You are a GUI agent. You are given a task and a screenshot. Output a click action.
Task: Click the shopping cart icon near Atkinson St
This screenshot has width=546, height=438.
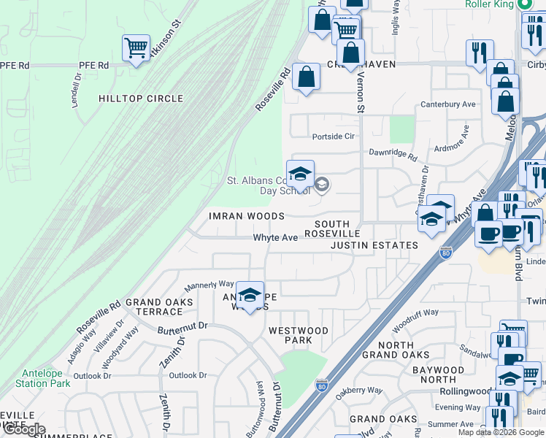pos(136,49)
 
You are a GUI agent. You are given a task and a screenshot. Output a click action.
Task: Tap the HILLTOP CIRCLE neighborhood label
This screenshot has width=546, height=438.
pos(141,99)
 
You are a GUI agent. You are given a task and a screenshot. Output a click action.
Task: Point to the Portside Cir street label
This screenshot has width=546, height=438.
pos(333,137)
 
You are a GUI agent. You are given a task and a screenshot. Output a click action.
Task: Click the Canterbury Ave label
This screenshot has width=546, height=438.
pos(447,104)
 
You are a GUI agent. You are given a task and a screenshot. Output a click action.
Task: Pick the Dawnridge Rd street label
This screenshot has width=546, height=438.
pos(393,156)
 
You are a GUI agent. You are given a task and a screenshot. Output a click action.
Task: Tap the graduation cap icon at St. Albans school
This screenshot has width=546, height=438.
pos(300,174)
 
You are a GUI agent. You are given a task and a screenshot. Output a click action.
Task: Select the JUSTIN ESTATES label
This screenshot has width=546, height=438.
pos(374,245)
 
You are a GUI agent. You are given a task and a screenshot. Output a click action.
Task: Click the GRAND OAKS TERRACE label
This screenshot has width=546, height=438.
pos(159,307)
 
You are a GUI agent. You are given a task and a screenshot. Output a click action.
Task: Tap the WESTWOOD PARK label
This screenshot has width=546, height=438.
pos(299,336)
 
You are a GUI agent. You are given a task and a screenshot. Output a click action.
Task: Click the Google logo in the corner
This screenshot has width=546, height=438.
pos(24,429)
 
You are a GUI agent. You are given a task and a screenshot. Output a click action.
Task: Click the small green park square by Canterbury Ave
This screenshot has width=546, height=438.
pos(401,129)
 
